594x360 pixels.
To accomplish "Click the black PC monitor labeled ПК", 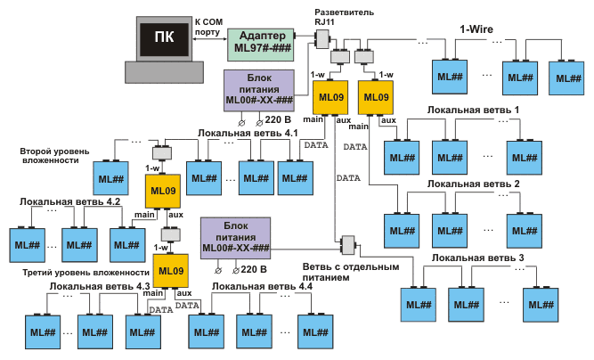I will [164, 37].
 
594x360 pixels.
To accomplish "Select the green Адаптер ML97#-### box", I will [260, 38].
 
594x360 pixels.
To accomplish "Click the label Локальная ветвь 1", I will [473, 109].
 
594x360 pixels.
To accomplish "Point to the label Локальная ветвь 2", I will [473, 184].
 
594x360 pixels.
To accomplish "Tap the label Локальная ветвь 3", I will [478, 258].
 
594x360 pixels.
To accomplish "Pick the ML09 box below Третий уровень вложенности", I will [171, 271].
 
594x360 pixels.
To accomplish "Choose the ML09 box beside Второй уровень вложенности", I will [161, 191].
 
